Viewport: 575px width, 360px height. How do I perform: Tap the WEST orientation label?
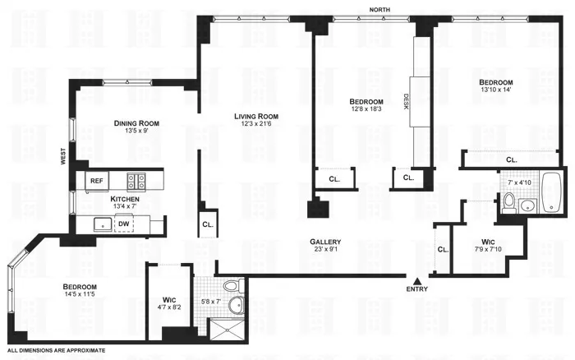62,156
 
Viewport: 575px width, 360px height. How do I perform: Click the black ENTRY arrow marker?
418,281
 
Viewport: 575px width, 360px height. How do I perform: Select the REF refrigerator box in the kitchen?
97,181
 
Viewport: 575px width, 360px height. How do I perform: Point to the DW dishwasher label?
122,223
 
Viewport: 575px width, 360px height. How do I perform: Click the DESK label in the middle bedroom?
406,102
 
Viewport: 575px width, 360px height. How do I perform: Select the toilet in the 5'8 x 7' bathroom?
232,286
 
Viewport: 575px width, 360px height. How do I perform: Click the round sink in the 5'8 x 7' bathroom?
237,306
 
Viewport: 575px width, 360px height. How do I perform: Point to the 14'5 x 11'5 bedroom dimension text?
80,293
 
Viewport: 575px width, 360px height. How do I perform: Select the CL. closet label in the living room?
207,224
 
